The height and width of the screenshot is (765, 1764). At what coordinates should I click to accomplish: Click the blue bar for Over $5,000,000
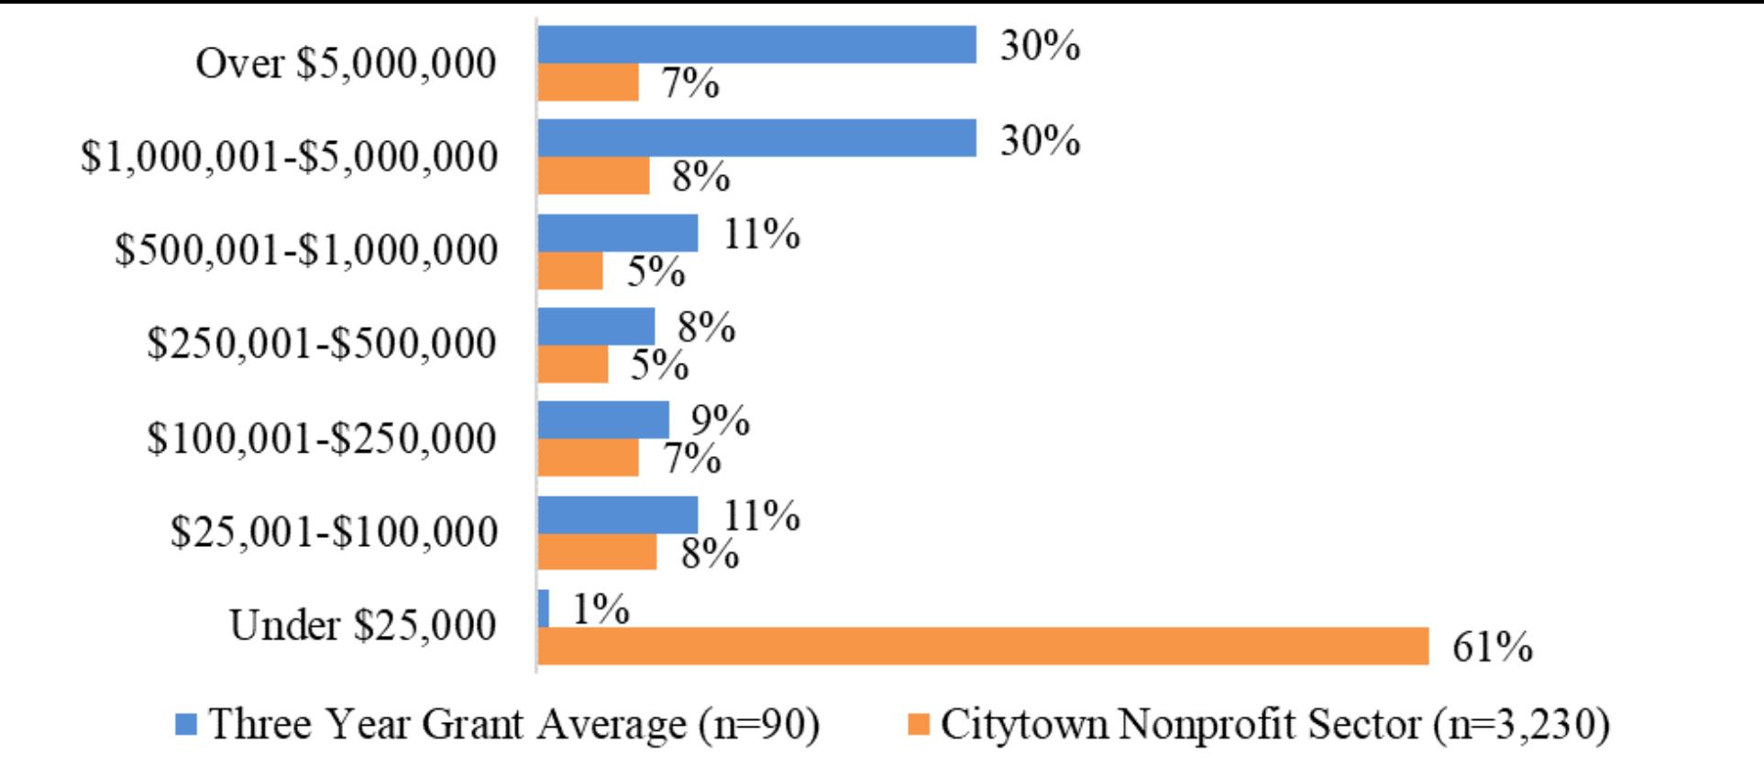click(756, 45)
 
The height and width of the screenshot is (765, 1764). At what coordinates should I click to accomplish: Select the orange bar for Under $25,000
click(982, 646)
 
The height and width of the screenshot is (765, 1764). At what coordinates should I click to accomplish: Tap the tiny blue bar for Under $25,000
click(544, 608)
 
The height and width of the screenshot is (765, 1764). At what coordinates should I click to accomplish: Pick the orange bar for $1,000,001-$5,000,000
click(593, 176)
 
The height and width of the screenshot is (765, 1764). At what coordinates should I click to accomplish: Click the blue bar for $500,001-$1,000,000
click(617, 233)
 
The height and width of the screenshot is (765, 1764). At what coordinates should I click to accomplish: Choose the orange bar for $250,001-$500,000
click(572, 364)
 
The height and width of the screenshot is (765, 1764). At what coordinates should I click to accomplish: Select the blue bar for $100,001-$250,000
click(602, 421)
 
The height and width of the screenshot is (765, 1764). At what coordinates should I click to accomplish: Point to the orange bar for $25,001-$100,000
click(597, 552)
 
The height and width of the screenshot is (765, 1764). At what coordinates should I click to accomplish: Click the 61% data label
click(1492, 648)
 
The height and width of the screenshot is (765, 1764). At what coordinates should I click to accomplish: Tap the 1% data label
click(601, 609)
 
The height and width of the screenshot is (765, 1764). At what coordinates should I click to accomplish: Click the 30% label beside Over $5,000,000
click(1040, 45)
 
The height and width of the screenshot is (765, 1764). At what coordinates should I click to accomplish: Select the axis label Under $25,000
click(363, 626)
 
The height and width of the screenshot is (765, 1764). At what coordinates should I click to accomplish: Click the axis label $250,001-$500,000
click(322, 344)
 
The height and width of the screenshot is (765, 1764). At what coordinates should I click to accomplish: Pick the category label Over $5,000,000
click(346, 64)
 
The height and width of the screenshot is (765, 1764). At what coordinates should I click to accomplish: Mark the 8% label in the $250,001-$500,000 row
click(706, 327)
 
